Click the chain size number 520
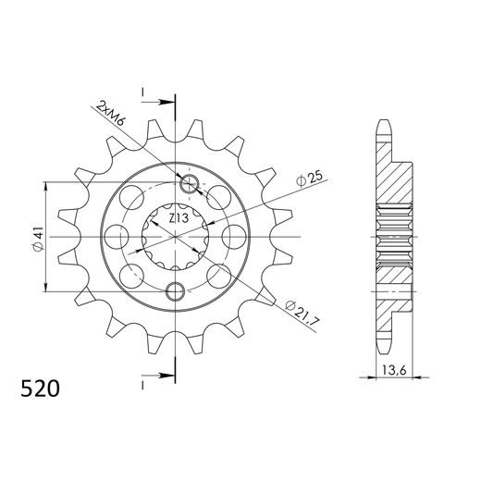click(40, 388)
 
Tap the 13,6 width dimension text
click(394, 370)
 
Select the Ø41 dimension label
click(38, 240)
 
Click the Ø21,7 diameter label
click(302, 312)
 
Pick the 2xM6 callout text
click(110, 114)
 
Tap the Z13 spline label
click(179, 218)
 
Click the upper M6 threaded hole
click(189, 184)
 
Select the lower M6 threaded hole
click(175, 290)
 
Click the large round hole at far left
click(117, 237)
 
